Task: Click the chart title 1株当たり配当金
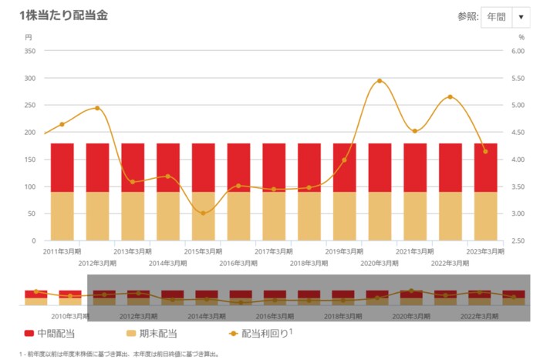[62, 15]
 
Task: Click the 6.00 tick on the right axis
[516, 51]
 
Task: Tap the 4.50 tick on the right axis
[516, 133]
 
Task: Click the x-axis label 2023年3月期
[485, 251]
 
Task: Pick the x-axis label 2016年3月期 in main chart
[238, 263]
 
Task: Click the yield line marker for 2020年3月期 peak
[380, 81]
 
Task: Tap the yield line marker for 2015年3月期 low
[204, 213]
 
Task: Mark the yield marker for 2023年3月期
[485, 151]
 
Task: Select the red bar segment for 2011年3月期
[62, 167]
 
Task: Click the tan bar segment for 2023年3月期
[485, 216]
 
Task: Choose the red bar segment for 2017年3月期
[274, 167]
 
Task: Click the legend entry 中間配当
[49, 334]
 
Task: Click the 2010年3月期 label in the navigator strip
[69, 316]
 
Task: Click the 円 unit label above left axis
[29, 36]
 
